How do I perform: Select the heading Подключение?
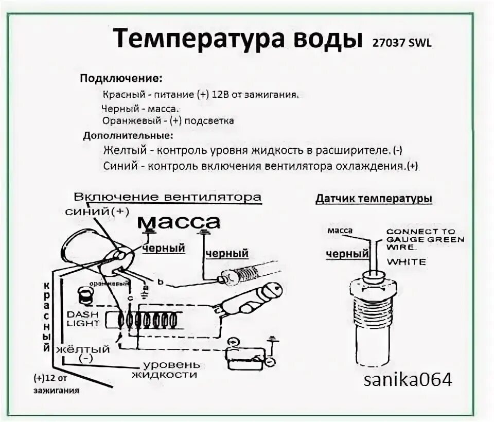coord(121,79)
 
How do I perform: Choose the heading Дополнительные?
coord(128,136)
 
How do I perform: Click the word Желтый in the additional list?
coord(126,151)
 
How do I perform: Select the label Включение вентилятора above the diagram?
coord(167,198)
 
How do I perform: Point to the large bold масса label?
coord(179,222)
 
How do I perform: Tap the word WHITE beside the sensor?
coord(407,262)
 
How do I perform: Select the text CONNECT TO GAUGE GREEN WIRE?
coord(425,239)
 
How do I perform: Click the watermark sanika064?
coord(408,380)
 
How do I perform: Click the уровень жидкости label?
coord(164,370)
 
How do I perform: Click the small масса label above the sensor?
coord(340,231)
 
